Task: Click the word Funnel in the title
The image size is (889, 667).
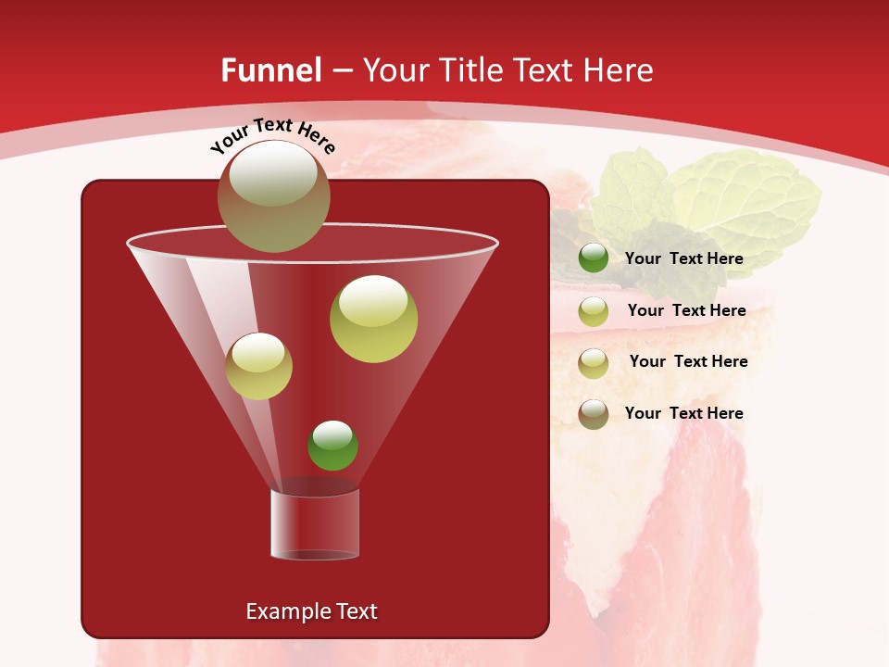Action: (270, 70)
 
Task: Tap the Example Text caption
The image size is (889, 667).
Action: (311, 611)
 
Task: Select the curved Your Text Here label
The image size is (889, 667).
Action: (272, 135)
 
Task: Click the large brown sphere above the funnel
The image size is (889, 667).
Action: (273, 196)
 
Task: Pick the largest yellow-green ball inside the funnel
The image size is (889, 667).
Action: (373, 318)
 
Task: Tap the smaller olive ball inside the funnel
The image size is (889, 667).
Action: (258, 366)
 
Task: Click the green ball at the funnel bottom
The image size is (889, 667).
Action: (332, 446)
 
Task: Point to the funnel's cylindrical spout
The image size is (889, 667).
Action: (315, 524)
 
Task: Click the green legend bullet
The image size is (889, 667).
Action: (594, 258)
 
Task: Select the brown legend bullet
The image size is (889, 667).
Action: (594, 414)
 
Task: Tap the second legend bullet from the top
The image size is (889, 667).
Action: (594, 311)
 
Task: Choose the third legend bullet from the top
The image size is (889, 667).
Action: (594, 362)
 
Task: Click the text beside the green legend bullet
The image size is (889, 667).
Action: (683, 259)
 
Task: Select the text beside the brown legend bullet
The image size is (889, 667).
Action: (683, 413)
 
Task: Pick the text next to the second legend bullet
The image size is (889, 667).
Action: (686, 310)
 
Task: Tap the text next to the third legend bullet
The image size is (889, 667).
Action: (688, 361)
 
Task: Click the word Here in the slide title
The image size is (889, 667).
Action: (620, 70)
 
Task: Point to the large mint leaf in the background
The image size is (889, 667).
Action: (745, 199)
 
